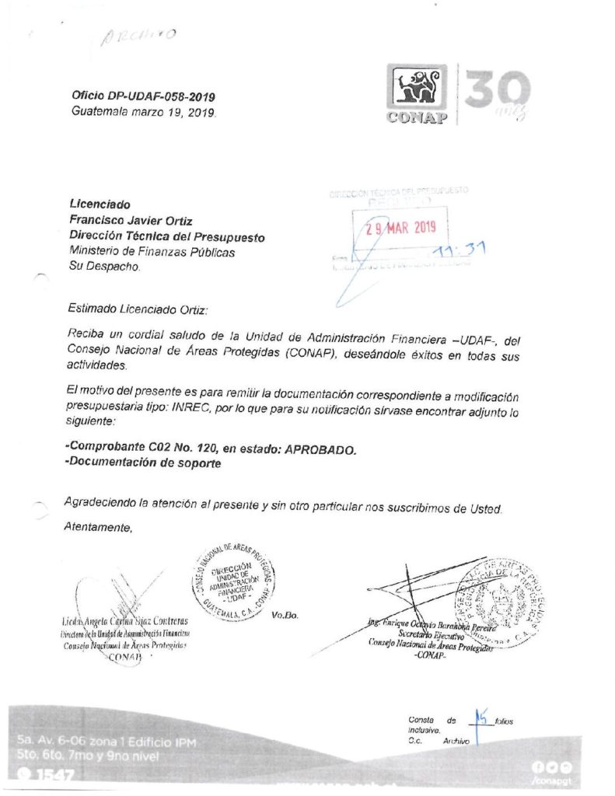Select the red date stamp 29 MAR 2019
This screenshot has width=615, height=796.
point(403,228)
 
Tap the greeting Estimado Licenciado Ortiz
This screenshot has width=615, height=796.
point(138,309)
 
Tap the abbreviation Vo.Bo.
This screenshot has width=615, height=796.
point(285,616)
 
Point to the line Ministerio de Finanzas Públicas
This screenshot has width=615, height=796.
point(152,251)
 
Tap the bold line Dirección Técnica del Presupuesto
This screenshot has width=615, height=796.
point(167,236)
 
